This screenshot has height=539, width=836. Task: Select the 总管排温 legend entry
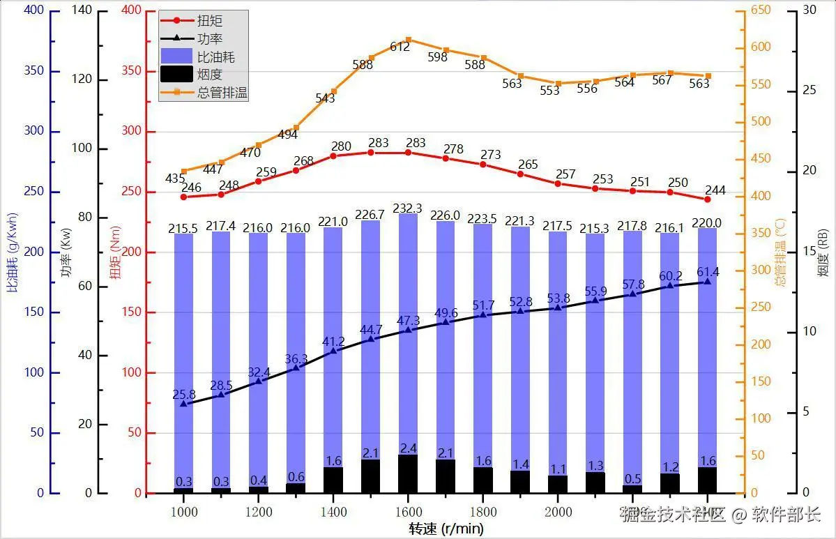coord(222,92)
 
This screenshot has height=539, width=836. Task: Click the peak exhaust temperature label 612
coord(400,47)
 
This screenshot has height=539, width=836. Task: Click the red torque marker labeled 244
coord(707,199)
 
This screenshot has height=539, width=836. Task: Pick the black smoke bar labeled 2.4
coord(408,473)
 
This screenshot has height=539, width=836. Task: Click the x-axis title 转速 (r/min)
coord(446,529)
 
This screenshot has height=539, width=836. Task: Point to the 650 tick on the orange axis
coord(761,10)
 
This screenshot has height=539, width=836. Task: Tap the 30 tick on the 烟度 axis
coord(811,10)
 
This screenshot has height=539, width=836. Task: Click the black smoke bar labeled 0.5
coord(632,489)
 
